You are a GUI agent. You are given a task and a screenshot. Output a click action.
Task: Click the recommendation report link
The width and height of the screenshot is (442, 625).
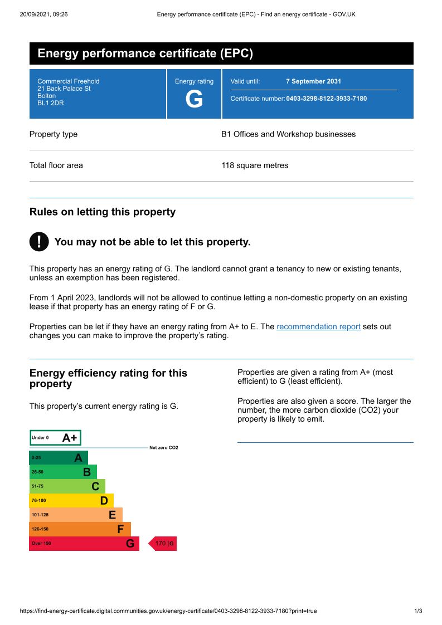(x=318, y=327)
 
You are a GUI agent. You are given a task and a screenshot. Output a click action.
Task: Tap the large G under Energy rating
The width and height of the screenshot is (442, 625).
(x=194, y=100)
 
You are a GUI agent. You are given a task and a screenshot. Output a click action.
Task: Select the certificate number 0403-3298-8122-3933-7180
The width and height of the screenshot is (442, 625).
(x=326, y=99)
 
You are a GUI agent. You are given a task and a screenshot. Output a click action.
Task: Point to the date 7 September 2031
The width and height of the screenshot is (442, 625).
(x=313, y=81)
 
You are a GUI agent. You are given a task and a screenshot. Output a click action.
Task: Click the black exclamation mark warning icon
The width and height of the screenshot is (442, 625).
(x=38, y=242)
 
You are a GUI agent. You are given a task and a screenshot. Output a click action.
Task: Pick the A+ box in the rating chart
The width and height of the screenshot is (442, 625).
(x=55, y=438)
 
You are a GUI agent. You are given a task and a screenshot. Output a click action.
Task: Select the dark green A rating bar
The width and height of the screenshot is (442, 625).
(x=58, y=458)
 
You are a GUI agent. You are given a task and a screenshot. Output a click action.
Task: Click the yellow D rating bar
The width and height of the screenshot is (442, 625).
(x=71, y=501)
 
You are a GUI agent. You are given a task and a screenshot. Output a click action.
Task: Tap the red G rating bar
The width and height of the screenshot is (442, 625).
(x=84, y=544)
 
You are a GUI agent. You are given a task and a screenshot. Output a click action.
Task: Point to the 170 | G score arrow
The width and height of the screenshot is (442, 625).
(x=163, y=544)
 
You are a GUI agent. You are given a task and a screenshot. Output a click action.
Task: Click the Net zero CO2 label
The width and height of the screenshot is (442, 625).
(x=163, y=448)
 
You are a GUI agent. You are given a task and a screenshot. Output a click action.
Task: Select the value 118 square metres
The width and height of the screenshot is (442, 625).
(x=255, y=165)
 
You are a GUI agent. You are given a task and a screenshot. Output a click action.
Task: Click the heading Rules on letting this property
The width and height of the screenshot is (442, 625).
(x=102, y=212)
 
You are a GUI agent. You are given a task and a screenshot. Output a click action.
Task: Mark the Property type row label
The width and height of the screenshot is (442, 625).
(x=54, y=134)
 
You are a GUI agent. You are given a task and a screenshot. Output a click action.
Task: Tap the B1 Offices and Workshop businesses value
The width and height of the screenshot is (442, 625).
(x=288, y=134)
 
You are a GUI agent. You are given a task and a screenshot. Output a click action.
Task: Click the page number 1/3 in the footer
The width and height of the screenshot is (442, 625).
(x=418, y=611)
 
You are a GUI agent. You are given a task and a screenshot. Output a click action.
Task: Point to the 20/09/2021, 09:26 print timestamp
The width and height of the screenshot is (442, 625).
(x=43, y=14)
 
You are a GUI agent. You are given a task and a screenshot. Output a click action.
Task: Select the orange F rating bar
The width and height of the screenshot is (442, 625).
(x=80, y=529)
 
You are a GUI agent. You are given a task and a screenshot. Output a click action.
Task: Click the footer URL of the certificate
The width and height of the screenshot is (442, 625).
(x=168, y=611)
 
